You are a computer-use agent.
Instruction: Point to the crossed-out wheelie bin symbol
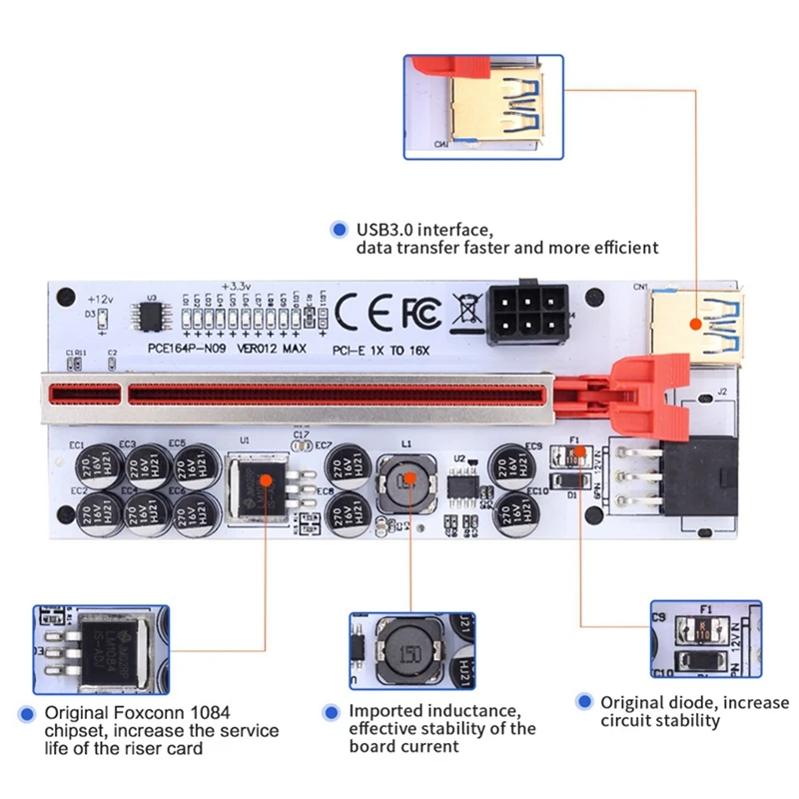[464, 312]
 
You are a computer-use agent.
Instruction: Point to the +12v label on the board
[100, 300]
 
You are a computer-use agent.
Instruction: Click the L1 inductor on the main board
[405, 482]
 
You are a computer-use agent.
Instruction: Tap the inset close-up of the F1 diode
[705, 639]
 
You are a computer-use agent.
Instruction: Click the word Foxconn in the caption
[147, 713]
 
